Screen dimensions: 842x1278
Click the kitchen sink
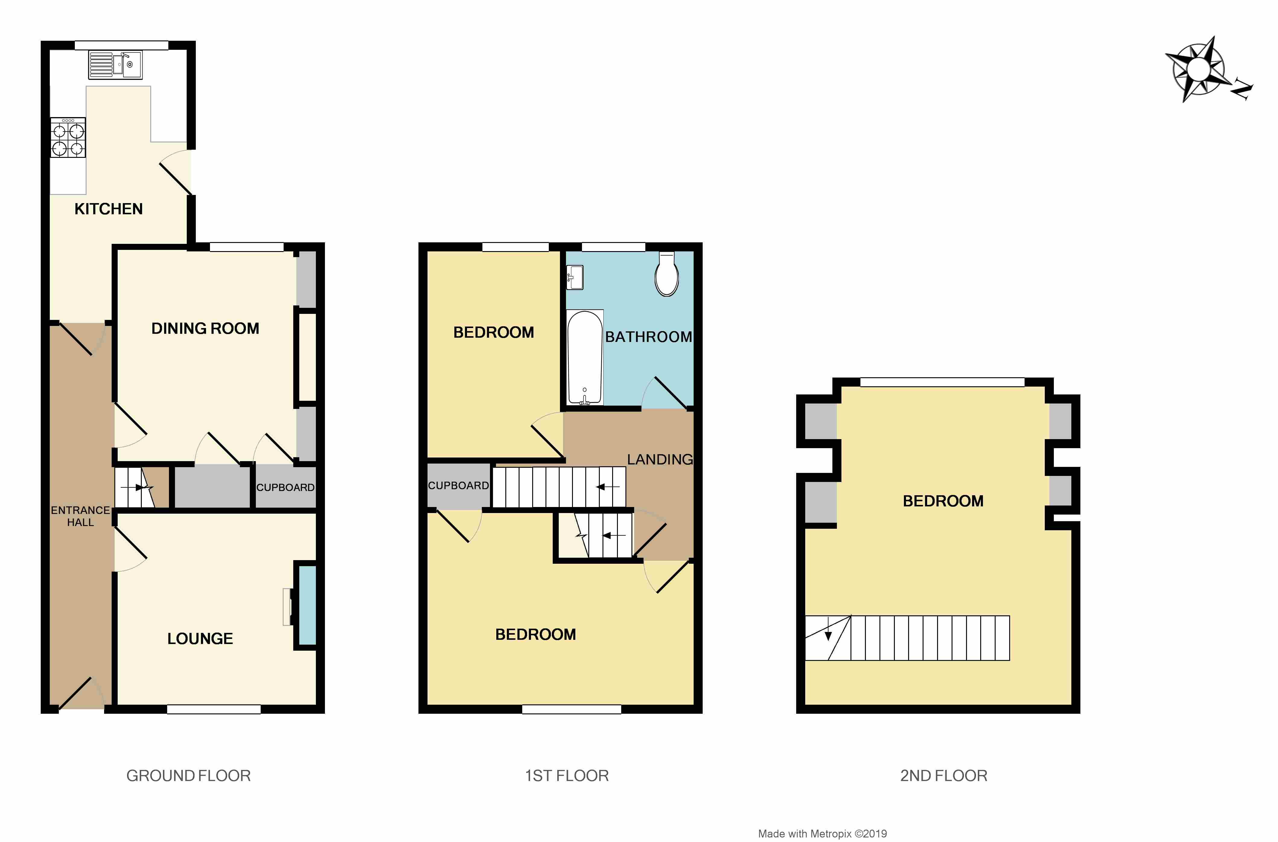tap(116, 65)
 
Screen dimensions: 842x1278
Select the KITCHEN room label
tap(109, 209)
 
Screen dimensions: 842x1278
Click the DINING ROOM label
tap(205, 328)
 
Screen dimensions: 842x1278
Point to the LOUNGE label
tap(200, 639)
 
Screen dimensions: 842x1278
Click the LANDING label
tap(660, 459)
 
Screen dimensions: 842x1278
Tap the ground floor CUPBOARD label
tap(285, 487)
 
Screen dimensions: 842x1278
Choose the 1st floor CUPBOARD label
tap(458, 486)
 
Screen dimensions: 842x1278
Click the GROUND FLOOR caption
tap(189, 775)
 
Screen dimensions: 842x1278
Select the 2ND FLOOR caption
tap(943, 775)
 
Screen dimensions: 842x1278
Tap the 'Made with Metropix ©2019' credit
tap(822, 834)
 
